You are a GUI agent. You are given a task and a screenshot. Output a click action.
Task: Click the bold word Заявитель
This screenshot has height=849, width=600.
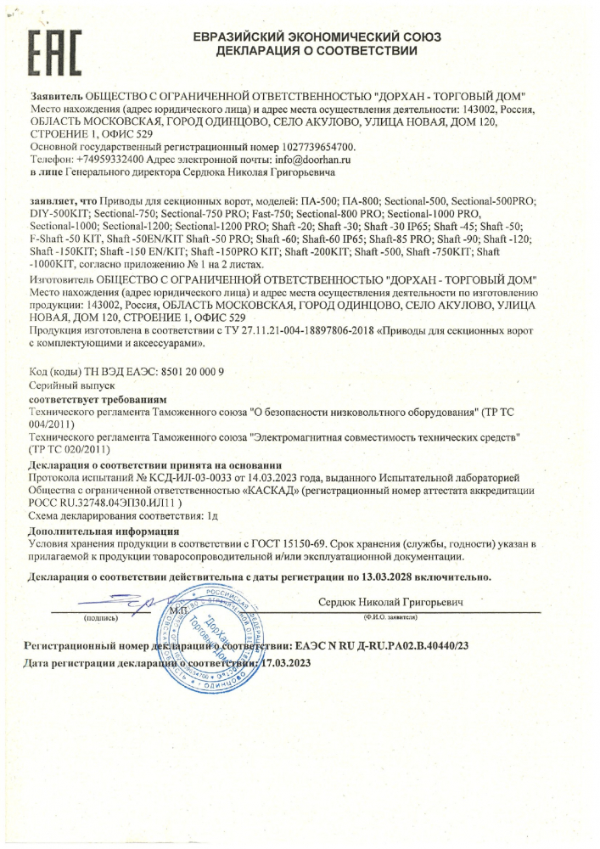(55, 98)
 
